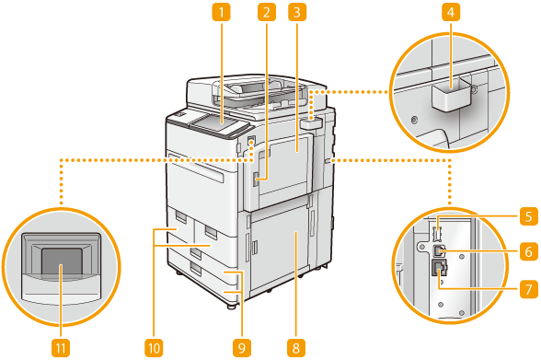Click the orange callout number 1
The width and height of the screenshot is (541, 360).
(221, 12)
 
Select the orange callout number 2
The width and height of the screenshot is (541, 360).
(267, 12)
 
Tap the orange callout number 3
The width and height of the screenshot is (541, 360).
(297, 12)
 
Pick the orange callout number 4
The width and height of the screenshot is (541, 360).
(451, 12)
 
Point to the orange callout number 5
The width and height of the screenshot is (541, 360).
(528, 216)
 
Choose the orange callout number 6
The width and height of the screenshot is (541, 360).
(528, 251)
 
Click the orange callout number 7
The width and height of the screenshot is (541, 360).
(528, 288)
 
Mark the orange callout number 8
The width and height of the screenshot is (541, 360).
(296, 348)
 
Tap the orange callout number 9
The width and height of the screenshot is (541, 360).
(241, 348)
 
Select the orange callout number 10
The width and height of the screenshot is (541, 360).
(154, 348)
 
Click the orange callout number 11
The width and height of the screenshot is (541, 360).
(61, 348)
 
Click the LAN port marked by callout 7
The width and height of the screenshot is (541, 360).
(439, 268)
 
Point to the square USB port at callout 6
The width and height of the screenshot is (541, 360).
(439, 250)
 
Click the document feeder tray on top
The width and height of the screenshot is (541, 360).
(257, 88)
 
